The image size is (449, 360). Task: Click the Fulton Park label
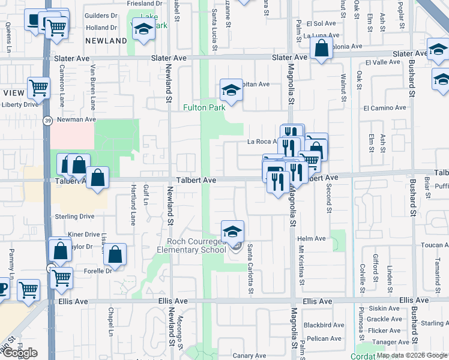click(204, 107)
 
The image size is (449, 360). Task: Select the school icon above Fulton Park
click(231, 91)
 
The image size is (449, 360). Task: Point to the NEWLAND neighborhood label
click(106, 41)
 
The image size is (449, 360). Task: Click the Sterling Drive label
click(74, 216)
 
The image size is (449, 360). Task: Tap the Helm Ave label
click(315, 238)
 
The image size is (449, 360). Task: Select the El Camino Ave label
click(385, 108)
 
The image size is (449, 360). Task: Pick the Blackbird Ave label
click(323, 325)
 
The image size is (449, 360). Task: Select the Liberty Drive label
click(20, 104)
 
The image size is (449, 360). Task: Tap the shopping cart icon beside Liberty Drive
click(38, 88)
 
